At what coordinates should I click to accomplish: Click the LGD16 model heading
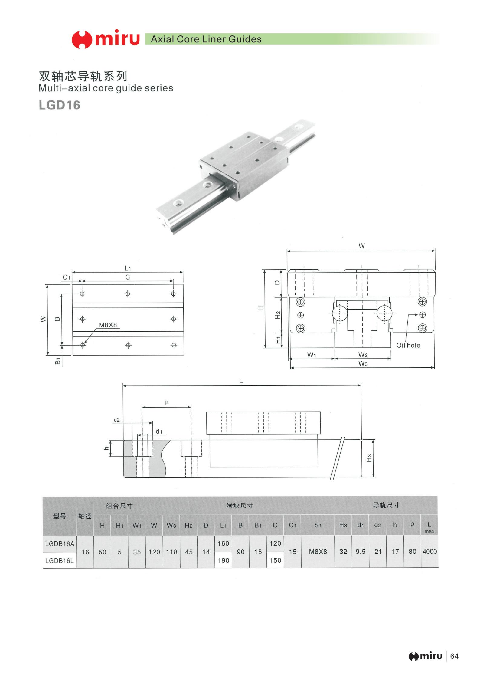[x=60, y=105]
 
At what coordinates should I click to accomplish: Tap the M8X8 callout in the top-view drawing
[x=108, y=325]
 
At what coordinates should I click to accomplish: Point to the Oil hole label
[x=408, y=345]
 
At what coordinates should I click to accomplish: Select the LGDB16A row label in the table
[x=60, y=544]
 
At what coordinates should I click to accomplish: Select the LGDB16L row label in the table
[x=60, y=561]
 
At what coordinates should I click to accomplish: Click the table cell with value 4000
[x=429, y=551]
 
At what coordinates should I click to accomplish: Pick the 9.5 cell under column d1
[x=361, y=552]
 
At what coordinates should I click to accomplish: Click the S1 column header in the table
[x=318, y=525]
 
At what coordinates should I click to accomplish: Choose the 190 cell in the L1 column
[x=224, y=560]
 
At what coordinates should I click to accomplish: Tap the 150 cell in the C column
[x=275, y=560]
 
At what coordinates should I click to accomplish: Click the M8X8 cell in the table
[x=318, y=552]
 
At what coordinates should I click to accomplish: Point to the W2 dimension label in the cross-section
[x=363, y=355]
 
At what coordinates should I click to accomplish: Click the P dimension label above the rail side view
[x=166, y=403]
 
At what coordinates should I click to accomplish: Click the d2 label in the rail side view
[x=117, y=420]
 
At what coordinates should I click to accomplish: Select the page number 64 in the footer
[x=454, y=656]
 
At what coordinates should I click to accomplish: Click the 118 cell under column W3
[x=171, y=552]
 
